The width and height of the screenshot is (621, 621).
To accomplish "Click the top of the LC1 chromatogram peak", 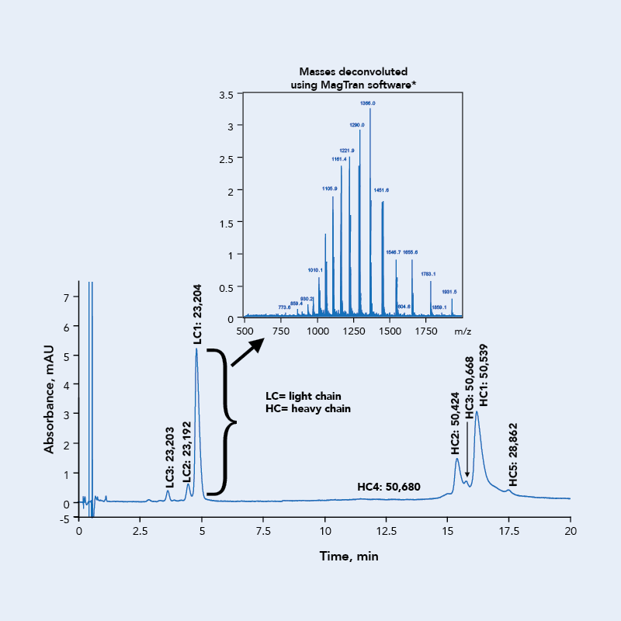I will point(196,349).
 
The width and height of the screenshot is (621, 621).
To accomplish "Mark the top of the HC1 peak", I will point(477,411).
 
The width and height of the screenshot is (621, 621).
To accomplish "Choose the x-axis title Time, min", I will point(349,557).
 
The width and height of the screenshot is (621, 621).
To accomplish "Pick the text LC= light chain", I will point(302,396).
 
